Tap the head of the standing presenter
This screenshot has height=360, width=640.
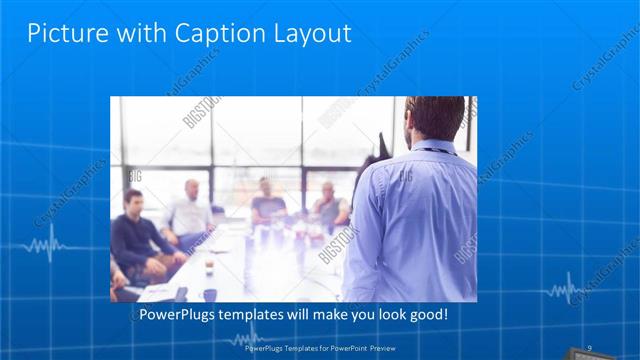(436, 118)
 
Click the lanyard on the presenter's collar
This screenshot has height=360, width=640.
(432, 150)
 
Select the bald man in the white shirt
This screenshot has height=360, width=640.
(190, 212)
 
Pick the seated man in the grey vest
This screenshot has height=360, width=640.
(328, 206)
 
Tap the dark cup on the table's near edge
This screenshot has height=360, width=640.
(209, 294)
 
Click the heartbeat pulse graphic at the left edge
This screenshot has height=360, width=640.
(45, 245)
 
